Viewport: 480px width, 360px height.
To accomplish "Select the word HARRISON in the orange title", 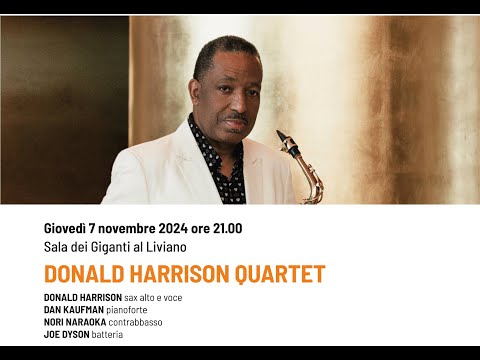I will click(176, 274).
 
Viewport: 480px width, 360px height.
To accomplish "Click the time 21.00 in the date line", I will click(223, 229).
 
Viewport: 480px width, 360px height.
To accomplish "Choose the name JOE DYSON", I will click(69, 334).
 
